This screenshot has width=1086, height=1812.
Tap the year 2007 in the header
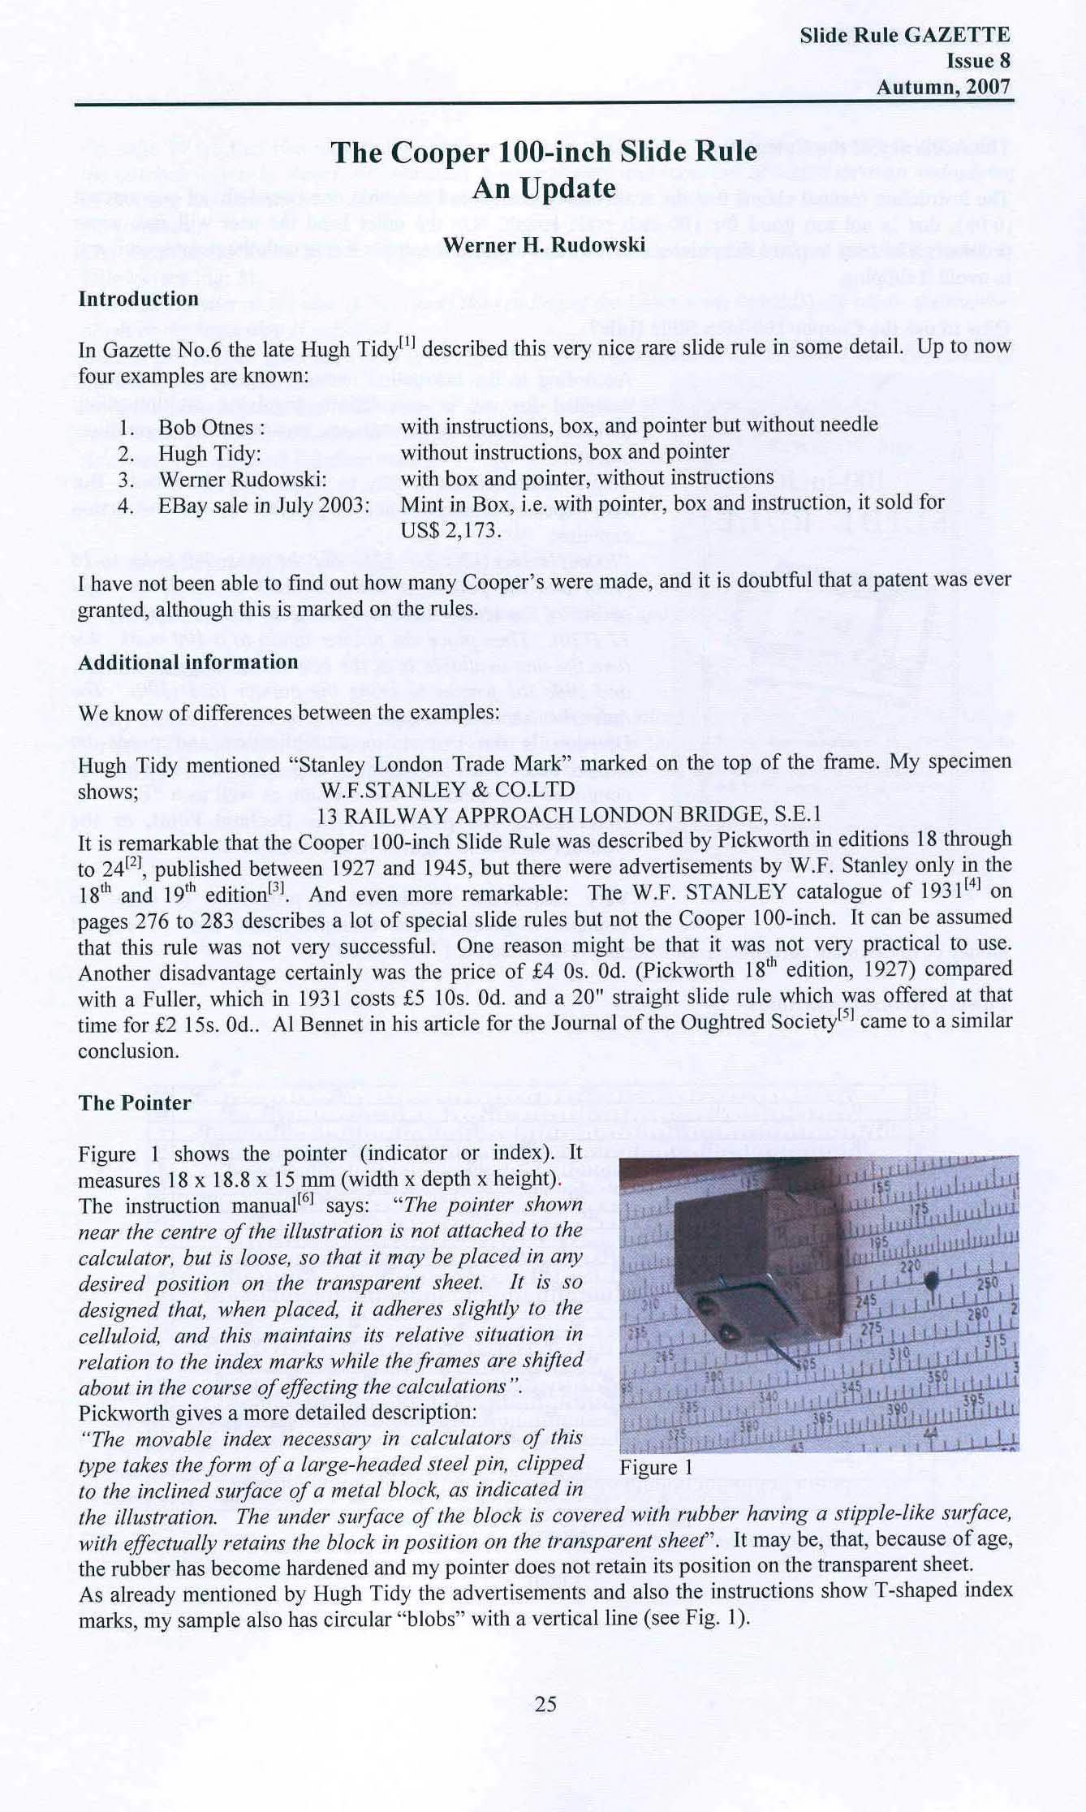tap(989, 87)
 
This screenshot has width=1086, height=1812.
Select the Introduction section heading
tap(138, 299)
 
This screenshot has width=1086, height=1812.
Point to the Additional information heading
tap(187, 662)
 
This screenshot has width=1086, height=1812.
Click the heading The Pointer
tap(135, 1103)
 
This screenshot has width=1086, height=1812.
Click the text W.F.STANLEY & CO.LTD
tap(448, 789)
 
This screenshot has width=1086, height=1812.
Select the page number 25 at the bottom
tap(545, 1704)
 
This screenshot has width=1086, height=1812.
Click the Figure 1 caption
tap(656, 1468)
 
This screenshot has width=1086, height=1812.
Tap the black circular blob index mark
tap(932, 1281)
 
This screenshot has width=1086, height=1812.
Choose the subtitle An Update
tap(544, 188)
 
